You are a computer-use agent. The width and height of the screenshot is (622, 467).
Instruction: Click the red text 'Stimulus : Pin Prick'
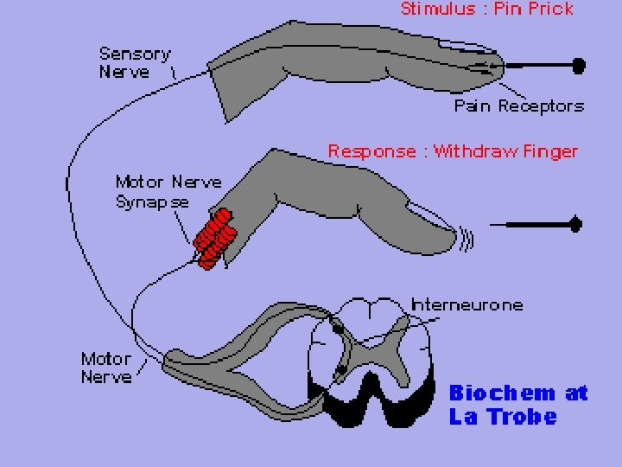(486, 10)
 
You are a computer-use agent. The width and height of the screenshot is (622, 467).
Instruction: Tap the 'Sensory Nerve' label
(134, 62)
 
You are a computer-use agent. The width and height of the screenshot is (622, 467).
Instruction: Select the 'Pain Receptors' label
(518, 106)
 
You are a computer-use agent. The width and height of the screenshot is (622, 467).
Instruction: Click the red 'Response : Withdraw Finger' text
(452, 151)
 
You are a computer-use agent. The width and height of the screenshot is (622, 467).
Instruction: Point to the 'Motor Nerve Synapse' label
(168, 192)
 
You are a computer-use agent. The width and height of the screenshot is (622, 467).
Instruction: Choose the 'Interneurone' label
(466, 304)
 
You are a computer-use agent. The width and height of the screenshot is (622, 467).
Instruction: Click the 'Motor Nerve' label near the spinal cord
(106, 368)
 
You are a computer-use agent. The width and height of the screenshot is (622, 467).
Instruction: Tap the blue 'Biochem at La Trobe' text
(517, 405)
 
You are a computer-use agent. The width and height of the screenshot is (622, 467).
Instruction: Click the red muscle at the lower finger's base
(213, 237)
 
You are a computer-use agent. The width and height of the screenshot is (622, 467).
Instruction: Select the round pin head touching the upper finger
(578, 65)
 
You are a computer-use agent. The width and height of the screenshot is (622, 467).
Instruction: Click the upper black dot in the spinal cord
(336, 326)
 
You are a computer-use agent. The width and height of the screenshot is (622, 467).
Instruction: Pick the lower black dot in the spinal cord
(340, 370)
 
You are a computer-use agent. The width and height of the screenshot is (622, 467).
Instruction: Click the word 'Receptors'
(542, 106)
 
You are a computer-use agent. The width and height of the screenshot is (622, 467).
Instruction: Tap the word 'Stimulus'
(429, 10)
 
